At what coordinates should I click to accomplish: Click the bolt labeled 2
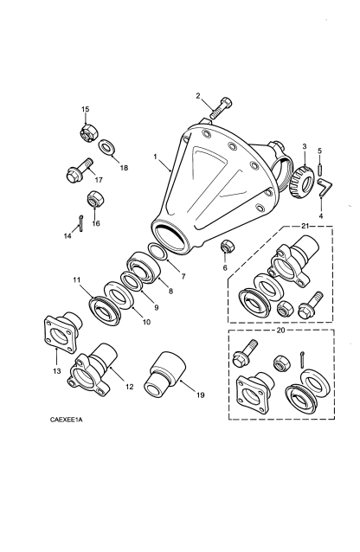[x=221, y=108]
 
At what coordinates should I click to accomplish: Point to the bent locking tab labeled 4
[x=325, y=187]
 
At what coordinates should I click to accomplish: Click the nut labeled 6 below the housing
[x=226, y=246]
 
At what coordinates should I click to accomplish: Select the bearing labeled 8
[x=143, y=267]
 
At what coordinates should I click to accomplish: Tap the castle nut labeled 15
[x=89, y=133]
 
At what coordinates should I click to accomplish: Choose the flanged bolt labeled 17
[x=80, y=170]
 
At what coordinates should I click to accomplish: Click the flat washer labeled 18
[x=106, y=148]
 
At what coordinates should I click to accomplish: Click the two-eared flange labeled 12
[x=93, y=371]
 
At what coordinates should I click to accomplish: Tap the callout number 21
[x=305, y=226]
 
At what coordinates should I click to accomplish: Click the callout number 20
[x=280, y=331]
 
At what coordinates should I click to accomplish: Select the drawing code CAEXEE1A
[x=67, y=420]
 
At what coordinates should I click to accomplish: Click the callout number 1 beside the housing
[x=155, y=157]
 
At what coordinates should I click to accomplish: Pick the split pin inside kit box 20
[x=303, y=359]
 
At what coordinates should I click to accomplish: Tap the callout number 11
[x=77, y=280]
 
